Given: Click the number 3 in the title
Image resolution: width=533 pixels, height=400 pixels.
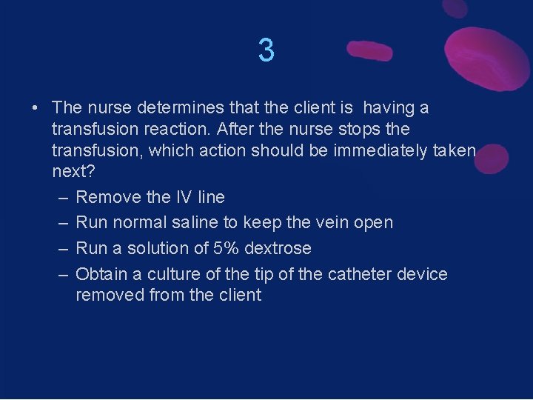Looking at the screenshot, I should click(266, 50).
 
